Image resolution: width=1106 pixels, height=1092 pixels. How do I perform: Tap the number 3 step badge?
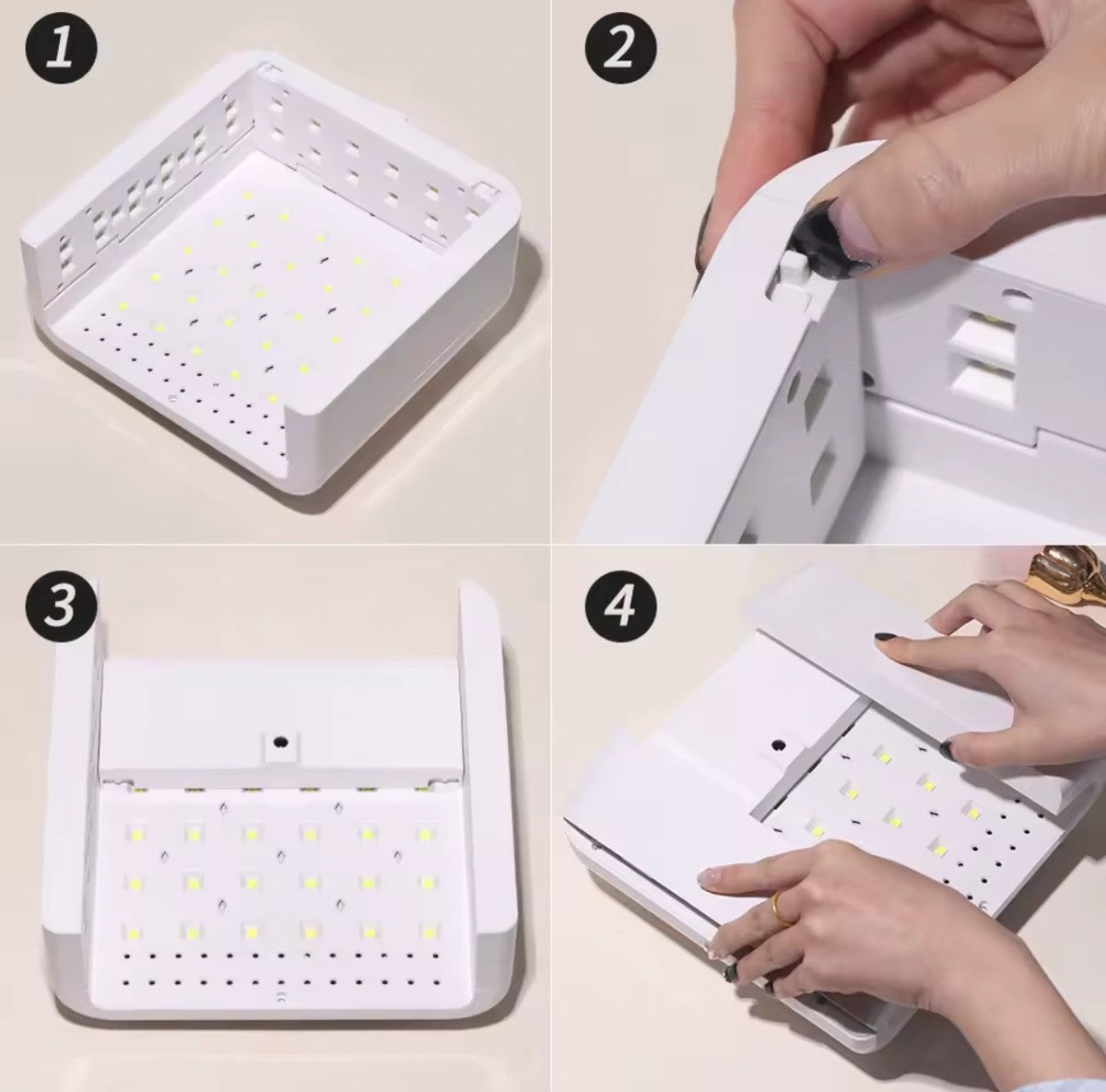click(x=62, y=605)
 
